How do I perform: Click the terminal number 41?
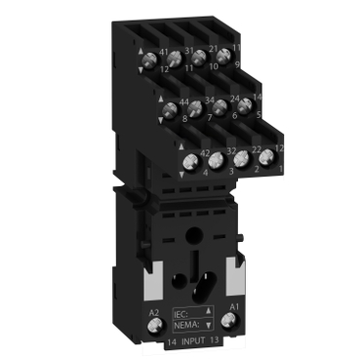click(x=163, y=52)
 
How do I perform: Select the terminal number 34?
click(x=208, y=98)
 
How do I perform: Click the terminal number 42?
click(x=205, y=152)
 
